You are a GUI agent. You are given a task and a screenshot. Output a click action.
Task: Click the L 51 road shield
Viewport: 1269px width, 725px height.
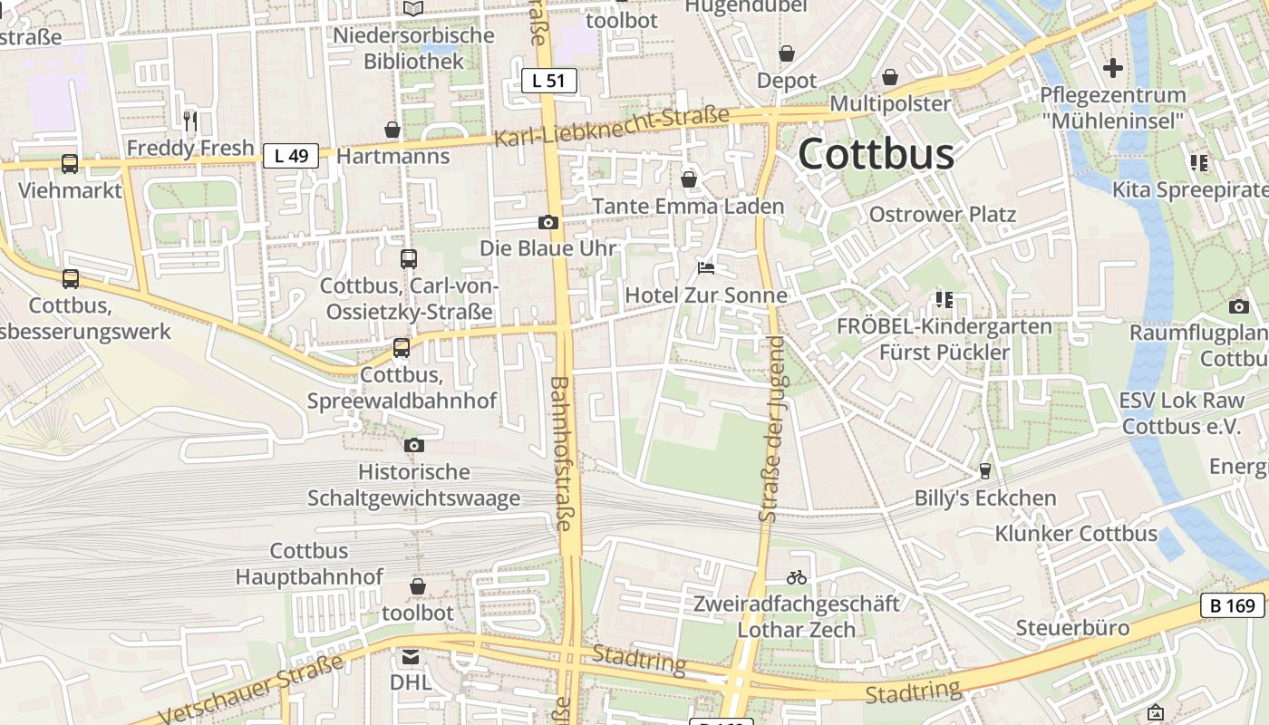tap(548, 81)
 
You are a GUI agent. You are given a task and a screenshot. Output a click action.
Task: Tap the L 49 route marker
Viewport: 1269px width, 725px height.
tap(291, 156)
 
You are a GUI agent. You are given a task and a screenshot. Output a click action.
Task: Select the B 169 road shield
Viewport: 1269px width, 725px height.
tap(1233, 606)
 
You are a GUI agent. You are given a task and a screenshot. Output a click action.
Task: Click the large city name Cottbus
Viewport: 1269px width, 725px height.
tap(876, 154)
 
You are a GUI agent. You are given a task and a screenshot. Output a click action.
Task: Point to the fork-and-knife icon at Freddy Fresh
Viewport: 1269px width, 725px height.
tap(190, 121)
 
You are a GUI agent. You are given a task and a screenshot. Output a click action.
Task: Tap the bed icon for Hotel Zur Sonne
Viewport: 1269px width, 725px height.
tap(706, 267)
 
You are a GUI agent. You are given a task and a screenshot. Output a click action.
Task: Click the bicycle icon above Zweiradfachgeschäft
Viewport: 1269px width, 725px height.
tap(797, 576)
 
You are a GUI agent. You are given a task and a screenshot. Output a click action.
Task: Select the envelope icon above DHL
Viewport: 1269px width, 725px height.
tap(412, 655)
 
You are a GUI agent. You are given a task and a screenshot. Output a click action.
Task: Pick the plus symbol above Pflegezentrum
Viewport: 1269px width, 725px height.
tap(1112, 68)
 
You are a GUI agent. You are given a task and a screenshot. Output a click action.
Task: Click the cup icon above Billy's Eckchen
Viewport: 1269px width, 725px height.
tap(985, 471)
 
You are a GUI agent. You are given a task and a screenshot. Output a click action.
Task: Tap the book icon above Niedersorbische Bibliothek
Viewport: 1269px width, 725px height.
tap(413, 8)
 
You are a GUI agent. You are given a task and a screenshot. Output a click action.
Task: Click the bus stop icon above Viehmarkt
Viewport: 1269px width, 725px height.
tap(70, 164)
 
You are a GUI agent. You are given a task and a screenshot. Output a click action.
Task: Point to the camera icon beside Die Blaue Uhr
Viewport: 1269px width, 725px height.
tap(547, 222)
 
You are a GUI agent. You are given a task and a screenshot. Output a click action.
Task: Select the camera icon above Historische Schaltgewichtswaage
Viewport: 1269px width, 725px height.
tap(414, 445)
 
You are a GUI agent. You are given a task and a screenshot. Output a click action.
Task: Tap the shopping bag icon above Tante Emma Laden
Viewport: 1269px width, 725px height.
tap(689, 179)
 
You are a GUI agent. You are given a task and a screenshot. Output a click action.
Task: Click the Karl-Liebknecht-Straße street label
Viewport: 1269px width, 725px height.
tap(612, 128)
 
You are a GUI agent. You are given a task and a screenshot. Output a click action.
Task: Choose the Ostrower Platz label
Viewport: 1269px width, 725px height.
tap(943, 215)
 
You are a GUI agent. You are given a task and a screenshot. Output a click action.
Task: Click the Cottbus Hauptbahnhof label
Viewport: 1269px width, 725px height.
tap(309, 564)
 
